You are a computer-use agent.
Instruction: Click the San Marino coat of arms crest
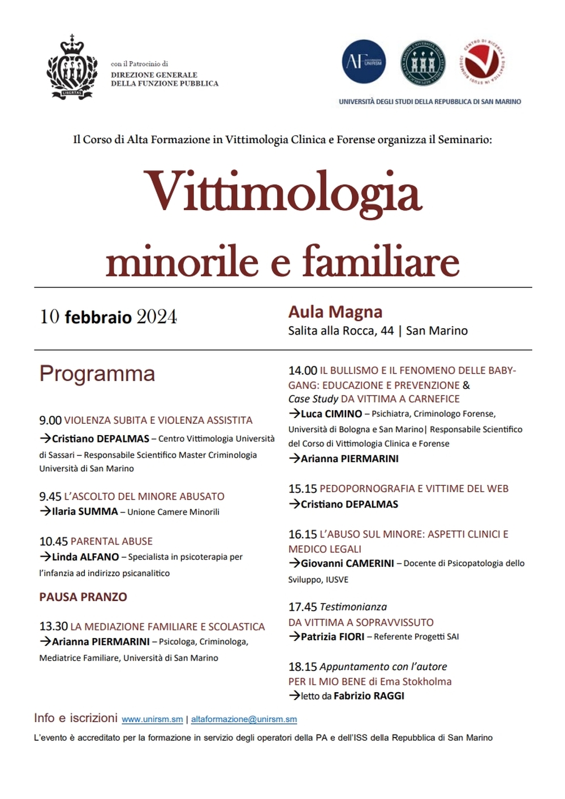click(x=72, y=67)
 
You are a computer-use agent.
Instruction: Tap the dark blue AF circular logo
click(x=364, y=62)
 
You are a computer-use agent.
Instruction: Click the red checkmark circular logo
click(x=482, y=62)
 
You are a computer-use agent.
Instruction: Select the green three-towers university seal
click(x=422, y=62)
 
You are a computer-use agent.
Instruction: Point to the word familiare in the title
click(x=381, y=262)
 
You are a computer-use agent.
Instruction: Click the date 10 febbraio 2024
click(x=108, y=317)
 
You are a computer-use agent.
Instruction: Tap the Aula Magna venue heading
click(x=335, y=312)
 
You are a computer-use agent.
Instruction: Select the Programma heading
click(x=97, y=374)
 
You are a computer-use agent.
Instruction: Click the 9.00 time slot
click(x=50, y=420)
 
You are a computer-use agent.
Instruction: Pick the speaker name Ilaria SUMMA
click(x=85, y=511)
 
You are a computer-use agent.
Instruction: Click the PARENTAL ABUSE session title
click(x=111, y=541)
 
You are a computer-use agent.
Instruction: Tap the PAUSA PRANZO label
click(x=83, y=597)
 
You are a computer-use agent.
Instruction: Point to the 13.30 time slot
click(x=53, y=627)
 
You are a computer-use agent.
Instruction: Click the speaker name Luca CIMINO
click(x=331, y=414)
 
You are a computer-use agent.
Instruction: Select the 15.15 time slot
click(x=303, y=489)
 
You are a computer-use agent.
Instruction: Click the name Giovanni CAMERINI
click(x=347, y=563)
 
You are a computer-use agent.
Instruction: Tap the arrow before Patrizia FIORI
click(x=294, y=636)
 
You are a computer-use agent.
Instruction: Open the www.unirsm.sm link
click(x=152, y=719)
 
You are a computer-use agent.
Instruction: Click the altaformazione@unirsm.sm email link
click(x=244, y=719)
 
